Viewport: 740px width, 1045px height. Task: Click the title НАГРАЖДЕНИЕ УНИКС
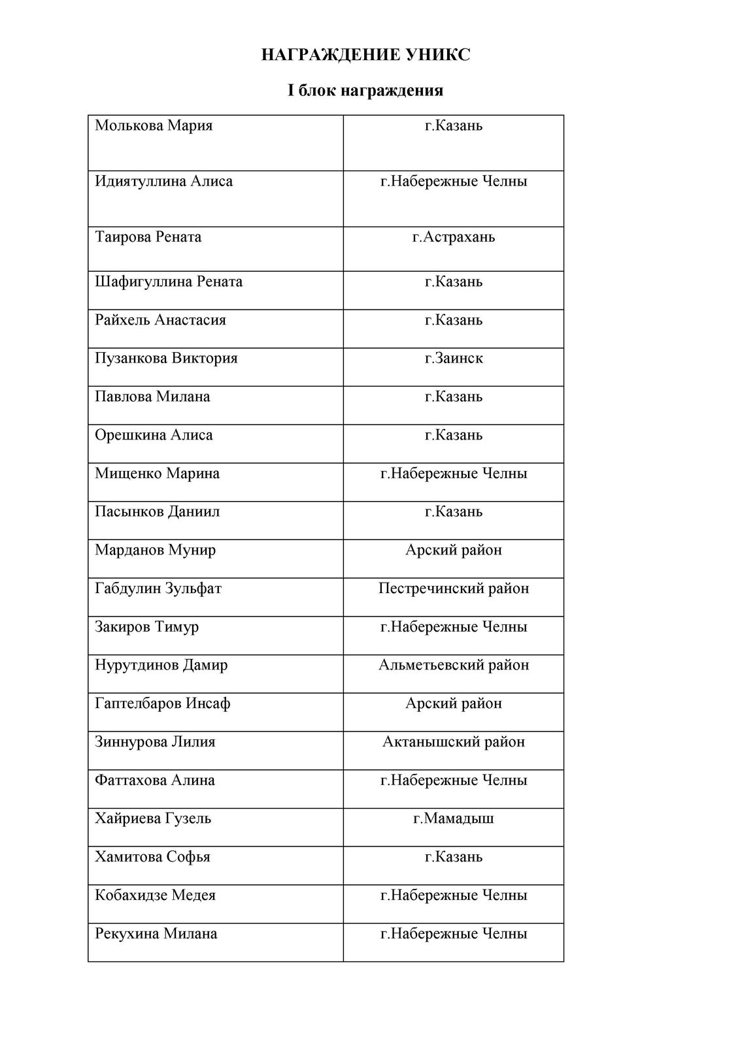[365, 56]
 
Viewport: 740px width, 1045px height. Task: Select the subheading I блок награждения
[365, 90]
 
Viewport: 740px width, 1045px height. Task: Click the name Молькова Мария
[154, 125]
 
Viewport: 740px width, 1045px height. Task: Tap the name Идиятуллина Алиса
[163, 181]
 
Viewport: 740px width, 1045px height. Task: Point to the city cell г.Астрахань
[453, 237]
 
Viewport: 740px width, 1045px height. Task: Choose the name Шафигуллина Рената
[169, 281]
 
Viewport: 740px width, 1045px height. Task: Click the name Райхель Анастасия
[160, 320]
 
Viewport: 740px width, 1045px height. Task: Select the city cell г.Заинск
[453, 358]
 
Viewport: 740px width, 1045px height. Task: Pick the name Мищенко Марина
[157, 474]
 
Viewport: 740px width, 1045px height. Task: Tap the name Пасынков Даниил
[157, 511]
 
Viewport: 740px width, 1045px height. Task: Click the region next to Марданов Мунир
[453, 550]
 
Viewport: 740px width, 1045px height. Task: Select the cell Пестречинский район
[453, 588]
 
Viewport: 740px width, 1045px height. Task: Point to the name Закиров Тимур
[146, 627]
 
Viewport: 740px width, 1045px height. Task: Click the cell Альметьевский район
[453, 665]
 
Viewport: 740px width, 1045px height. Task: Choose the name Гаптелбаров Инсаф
[162, 703]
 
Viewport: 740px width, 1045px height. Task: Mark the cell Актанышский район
[453, 742]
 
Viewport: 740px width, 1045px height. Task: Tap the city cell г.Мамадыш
[453, 818]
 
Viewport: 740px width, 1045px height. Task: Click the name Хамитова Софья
[152, 857]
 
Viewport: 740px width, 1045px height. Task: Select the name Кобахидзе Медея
[155, 895]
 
